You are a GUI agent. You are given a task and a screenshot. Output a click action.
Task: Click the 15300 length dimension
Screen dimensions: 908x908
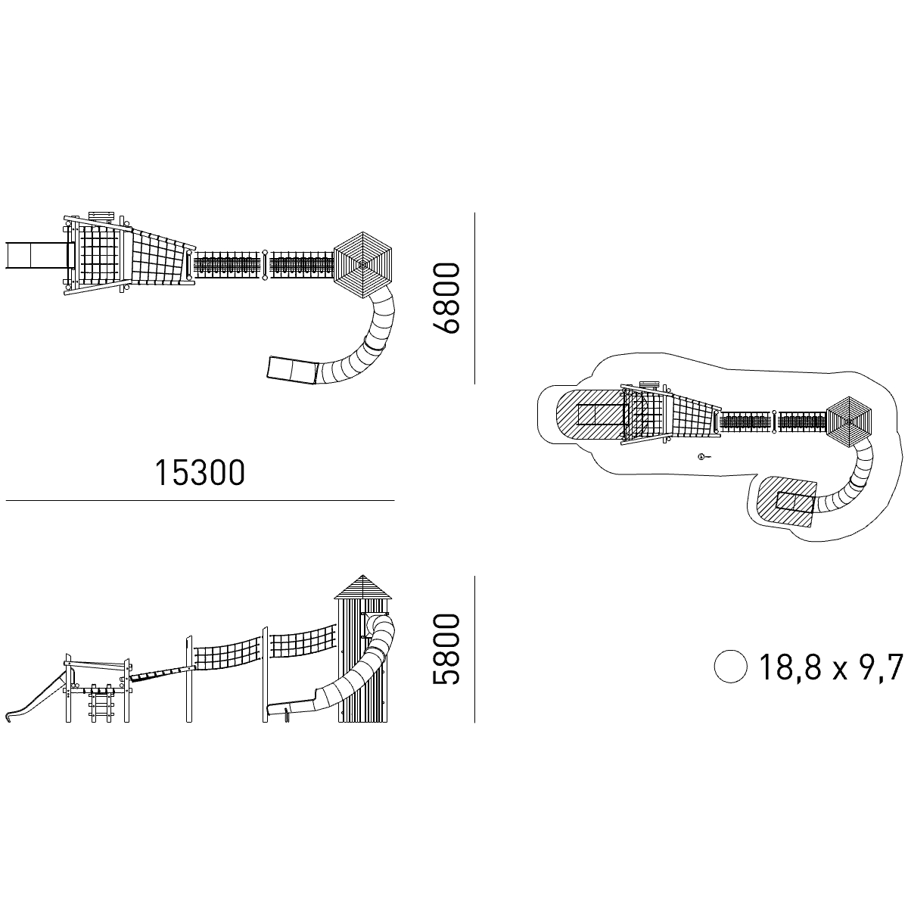[x=200, y=473]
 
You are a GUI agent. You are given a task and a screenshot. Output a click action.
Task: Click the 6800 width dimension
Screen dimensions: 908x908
[x=446, y=298]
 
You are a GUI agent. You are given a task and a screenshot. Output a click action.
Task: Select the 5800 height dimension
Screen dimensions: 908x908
[x=446, y=648]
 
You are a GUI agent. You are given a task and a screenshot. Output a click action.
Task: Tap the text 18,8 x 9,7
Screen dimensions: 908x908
[x=831, y=667]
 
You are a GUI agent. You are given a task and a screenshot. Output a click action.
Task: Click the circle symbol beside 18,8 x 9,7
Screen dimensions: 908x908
[x=730, y=667]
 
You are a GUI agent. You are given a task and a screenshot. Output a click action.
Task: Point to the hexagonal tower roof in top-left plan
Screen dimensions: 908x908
[x=363, y=265]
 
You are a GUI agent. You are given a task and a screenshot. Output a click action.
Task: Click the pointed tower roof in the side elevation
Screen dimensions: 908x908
[x=363, y=586]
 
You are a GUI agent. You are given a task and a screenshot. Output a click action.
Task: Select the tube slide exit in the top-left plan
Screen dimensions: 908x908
[x=292, y=370]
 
